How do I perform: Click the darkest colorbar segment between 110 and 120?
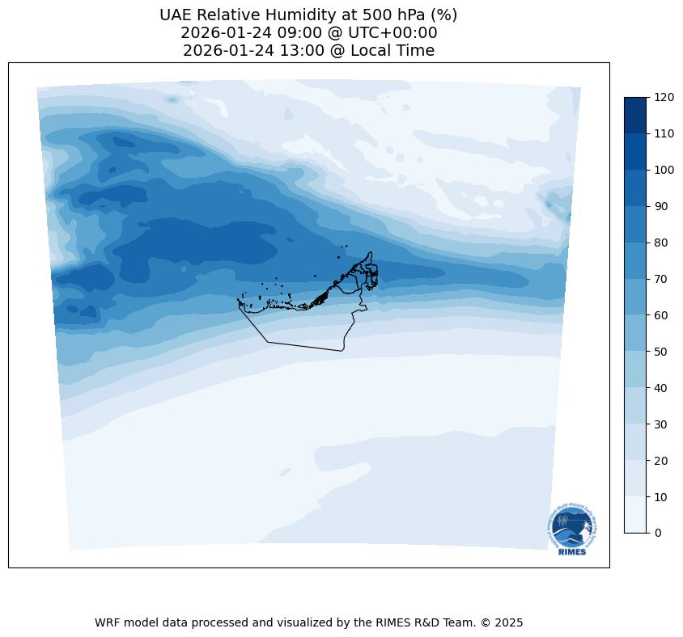pos(636,115)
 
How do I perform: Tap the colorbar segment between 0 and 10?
pos(636,515)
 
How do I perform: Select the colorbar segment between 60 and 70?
pos(636,297)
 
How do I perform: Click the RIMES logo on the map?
pos(572,529)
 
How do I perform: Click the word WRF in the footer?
pos(108,623)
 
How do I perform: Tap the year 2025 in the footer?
pos(509,623)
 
